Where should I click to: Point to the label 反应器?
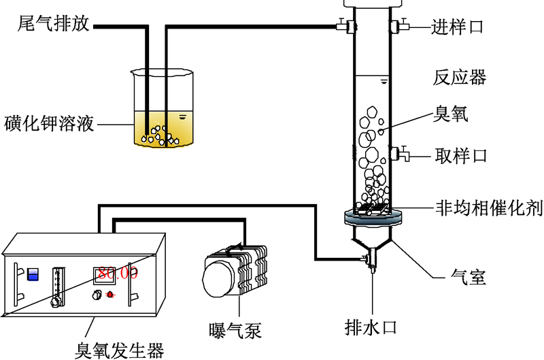460,78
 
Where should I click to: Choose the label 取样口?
461,155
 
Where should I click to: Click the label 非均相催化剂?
488,208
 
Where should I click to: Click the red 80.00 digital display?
117,274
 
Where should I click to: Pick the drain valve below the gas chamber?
371,260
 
